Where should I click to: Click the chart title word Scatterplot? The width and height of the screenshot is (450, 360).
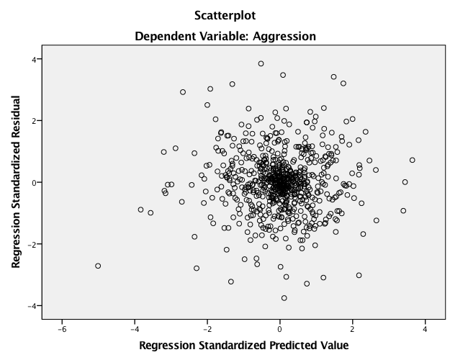[x=225, y=14]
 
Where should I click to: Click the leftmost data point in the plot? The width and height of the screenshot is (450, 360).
[x=98, y=266]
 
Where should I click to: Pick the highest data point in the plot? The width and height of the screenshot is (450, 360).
[x=261, y=63]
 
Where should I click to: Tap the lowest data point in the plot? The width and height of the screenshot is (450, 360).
[x=284, y=298]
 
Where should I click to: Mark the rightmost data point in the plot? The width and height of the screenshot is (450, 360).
[x=413, y=160]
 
